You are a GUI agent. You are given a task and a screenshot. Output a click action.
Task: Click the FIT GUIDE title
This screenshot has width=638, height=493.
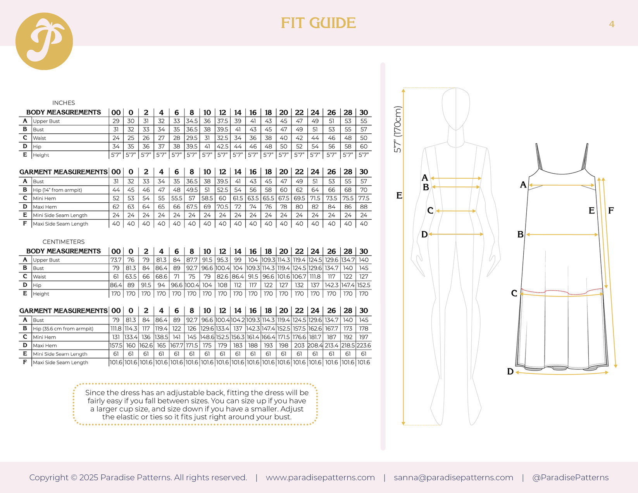coord(318,23)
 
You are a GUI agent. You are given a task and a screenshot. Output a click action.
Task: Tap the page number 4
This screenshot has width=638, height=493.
coord(612,24)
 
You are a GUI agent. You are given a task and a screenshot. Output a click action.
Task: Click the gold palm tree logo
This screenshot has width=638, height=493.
coord(44,41)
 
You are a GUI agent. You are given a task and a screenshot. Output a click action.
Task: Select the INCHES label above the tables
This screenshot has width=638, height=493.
coord(64,103)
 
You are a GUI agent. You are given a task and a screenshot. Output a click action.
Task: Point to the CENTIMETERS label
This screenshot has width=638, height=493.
coord(64,242)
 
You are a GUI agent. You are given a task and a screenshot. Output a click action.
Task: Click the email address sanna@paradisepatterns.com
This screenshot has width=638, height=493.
coord(453,477)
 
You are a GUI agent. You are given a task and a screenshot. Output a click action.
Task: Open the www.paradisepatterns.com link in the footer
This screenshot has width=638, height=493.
coord(320,477)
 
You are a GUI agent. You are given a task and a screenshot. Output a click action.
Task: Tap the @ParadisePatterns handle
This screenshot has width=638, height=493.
coord(571,477)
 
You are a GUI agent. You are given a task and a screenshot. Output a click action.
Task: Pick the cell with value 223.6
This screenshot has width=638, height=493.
coord(364,345)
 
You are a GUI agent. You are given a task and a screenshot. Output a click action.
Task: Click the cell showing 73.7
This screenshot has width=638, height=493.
coord(116,260)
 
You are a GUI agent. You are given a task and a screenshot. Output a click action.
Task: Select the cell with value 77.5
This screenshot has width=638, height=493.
coord(364,198)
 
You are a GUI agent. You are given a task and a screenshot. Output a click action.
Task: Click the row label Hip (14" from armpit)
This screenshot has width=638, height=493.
coord(57,190)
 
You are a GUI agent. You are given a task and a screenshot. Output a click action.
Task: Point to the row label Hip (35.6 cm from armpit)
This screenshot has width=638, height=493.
coord(63,329)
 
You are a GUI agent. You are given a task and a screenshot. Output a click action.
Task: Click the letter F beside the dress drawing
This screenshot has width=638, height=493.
coord(611,210)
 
